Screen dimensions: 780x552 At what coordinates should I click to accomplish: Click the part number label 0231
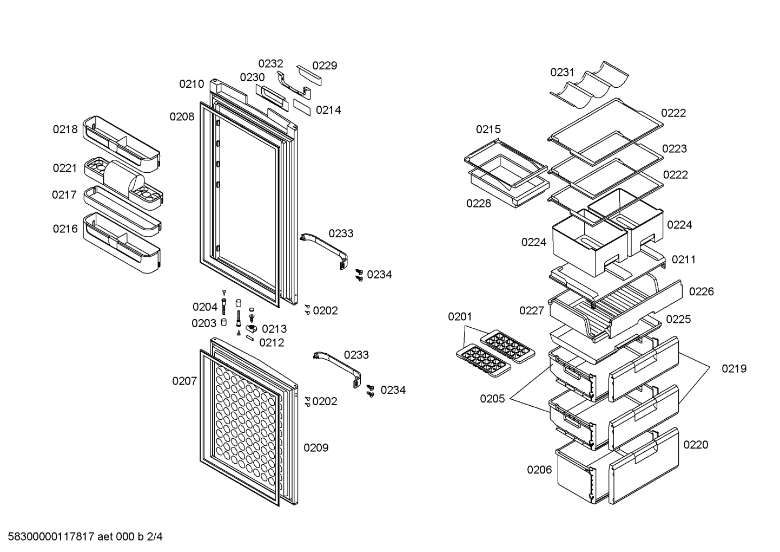pos(562,72)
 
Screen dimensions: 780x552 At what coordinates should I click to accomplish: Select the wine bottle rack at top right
pos(589,86)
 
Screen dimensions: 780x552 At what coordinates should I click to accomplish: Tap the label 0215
pos(488,129)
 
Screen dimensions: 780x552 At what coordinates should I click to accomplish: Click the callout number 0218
pos(65,129)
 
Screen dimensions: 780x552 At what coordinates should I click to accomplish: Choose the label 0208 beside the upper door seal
pos(182,116)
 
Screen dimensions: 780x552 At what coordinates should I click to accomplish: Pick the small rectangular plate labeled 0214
pos(301,107)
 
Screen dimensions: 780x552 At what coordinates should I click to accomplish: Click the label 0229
pos(325,66)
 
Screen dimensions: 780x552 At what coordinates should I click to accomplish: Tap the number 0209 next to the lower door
pos(316,447)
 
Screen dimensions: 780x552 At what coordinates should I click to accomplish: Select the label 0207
pos(184,381)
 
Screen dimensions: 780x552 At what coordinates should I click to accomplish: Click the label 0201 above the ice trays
pos(460,316)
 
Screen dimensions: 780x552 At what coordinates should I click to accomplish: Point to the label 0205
pos(492,399)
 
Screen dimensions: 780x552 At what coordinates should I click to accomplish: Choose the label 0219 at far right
pos(734,368)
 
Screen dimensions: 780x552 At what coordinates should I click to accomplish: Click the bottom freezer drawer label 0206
pos(539,470)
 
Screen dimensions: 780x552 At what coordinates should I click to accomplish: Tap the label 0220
pos(696,445)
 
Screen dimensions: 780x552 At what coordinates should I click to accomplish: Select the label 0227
pos(532,310)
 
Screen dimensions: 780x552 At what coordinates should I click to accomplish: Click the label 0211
pos(684,259)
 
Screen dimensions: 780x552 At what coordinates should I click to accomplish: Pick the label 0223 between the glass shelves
pos(675,148)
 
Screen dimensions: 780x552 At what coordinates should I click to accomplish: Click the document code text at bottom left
pos(85,537)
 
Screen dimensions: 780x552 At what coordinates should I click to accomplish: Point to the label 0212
pos(272,343)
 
